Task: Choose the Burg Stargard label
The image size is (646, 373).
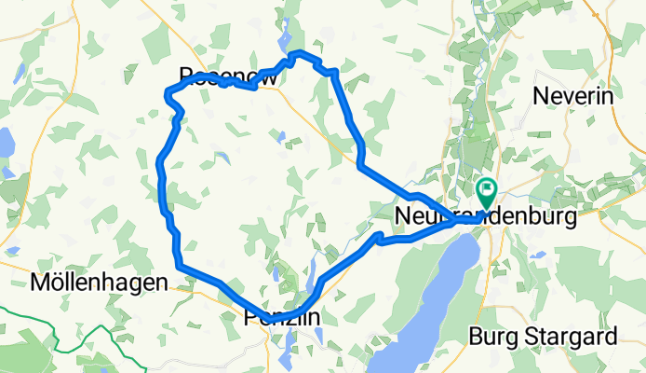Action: pos(544,335)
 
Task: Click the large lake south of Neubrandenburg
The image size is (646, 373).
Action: pos(424,298)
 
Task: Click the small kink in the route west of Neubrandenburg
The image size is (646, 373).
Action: pos(378,241)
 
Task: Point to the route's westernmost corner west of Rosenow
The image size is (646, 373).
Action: pos(167,91)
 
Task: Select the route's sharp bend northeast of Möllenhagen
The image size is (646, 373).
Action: pos(178,267)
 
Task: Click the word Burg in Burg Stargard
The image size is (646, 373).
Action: pos(489,335)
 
